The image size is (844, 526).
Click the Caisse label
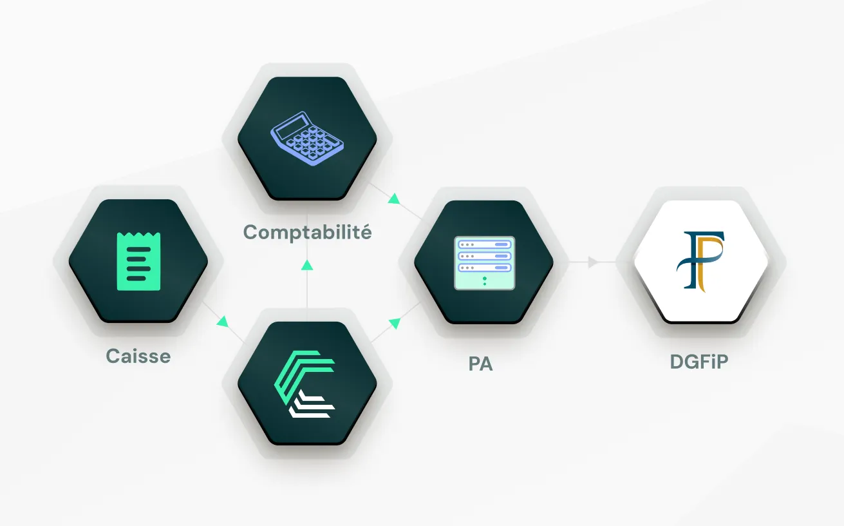pos(138,356)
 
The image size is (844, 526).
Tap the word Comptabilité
pos(307,232)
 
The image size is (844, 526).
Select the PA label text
pos(480,364)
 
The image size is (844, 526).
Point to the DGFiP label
pos(699,362)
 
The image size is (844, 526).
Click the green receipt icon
pos(138,261)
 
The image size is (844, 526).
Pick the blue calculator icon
pos(306,139)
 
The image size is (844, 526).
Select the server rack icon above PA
pos(484,262)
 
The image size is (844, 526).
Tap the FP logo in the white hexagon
pos(700,260)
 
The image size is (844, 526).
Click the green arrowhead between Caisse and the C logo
pos(223,320)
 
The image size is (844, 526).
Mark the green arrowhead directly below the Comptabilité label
pos(307,264)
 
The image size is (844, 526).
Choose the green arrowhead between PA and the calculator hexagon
pos(394,199)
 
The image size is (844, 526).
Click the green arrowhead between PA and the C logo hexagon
pos(395,320)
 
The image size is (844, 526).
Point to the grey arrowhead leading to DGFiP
pos(593,262)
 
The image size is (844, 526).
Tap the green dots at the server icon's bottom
pos(484,280)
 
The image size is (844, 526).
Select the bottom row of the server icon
pos(484,267)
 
